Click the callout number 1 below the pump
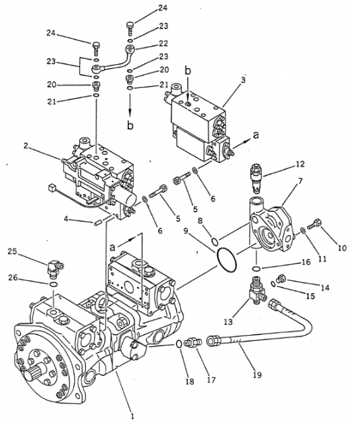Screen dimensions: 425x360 pos(132,416)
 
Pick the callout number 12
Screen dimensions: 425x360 pos(300,164)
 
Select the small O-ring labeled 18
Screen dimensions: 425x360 pos(179,344)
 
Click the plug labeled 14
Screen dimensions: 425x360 pos(283,279)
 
